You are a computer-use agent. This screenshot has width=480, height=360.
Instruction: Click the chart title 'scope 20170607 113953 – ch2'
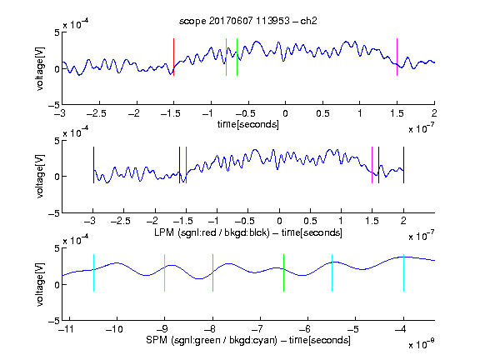[248, 21]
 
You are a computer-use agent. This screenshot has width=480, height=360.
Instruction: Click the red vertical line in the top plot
[173, 57]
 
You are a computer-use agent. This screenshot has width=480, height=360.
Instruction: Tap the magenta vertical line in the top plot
[397, 57]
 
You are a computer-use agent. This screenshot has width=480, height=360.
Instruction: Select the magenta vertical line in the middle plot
[372, 165]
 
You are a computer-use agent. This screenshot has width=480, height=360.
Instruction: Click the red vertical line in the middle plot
[186, 165]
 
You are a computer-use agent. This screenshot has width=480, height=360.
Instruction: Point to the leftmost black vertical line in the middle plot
[93, 165]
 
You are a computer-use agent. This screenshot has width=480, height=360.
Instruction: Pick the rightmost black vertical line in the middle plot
[403, 165]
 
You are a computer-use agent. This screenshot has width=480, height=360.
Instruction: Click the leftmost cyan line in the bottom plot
[93, 272]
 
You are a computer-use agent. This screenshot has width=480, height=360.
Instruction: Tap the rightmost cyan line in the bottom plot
[403, 272]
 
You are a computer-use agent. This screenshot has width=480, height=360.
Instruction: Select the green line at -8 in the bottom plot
[212, 272]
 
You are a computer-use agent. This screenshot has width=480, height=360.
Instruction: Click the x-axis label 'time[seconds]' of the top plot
[248, 124]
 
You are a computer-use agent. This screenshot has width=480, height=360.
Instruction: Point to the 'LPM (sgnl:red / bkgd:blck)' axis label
[212, 232]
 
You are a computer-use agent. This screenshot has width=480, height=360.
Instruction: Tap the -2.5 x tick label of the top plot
[97, 113]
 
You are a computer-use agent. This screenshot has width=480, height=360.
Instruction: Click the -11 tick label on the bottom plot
[67, 329]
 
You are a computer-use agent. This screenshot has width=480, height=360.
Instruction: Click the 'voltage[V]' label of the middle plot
[40, 177]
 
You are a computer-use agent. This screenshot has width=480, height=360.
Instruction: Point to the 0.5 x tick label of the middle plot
[310, 221]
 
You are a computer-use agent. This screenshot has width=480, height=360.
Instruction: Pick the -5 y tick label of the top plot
[54, 105]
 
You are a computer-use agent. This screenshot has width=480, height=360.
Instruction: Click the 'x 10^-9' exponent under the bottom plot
[422, 344]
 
